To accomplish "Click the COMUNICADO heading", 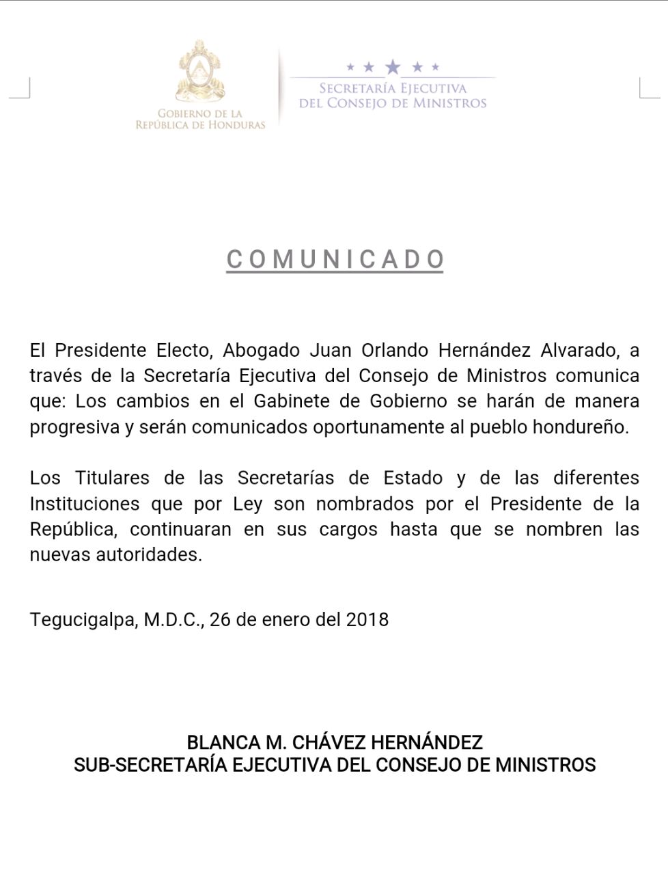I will tap(335, 260).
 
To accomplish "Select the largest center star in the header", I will tap(393, 66).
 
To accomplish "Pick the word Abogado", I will tap(262, 350).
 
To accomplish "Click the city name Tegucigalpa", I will tap(83, 620).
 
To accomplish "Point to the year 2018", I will tap(367, 619).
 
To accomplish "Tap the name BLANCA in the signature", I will tap(219, 742).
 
